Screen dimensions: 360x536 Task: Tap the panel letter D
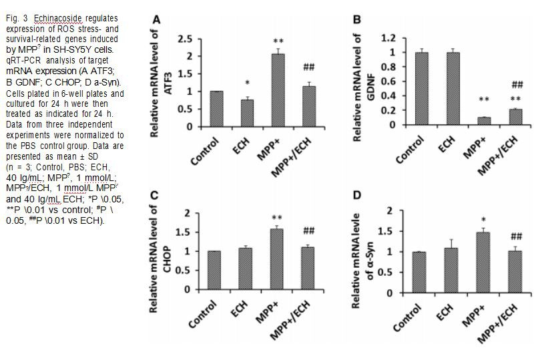(357, 195)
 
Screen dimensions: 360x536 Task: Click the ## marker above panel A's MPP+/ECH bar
(308, 67)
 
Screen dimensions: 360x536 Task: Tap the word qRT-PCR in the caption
(21, 58)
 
